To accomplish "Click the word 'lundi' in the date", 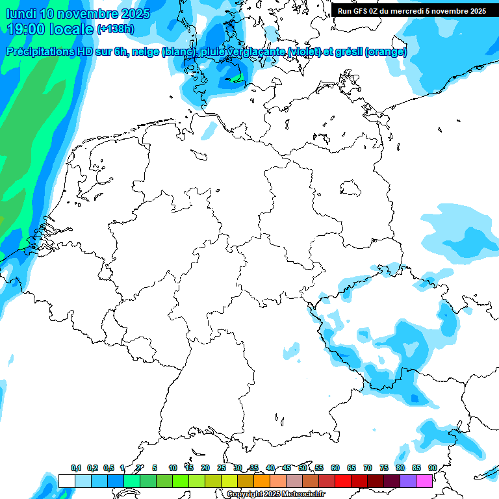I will [x=21, y=14].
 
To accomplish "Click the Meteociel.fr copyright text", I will [x=275, y=494].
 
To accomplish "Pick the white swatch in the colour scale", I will [x=66, y=481].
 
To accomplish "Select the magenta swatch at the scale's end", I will [x=424, y=481].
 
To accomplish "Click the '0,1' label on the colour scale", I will [x=76, y=468].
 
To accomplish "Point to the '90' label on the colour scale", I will [x=432, y=468].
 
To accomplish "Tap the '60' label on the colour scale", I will [x=335, y=468].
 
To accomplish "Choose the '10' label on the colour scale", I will [x=172, y=468].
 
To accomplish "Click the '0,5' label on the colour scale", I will [x=109, y=468].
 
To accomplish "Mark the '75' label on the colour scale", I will [x=384, y=468].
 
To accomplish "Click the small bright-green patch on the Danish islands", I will [x=237, y=80].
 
